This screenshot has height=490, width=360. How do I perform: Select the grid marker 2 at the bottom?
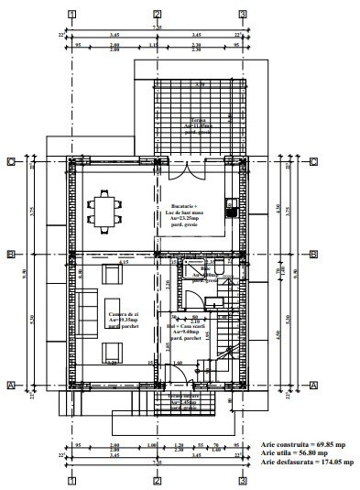click(x=158, y=480)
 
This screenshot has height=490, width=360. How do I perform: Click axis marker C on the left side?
click(x=10, y=162)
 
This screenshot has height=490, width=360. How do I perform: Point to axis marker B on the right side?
click(x=313, y=255)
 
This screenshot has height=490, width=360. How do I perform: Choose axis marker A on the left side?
click(x=10, y=386)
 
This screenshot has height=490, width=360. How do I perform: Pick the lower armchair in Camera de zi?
click(x=112, y=352)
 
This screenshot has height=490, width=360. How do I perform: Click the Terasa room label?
click(x=198, y=125)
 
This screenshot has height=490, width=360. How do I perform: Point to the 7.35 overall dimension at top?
click(x=157, y=28)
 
